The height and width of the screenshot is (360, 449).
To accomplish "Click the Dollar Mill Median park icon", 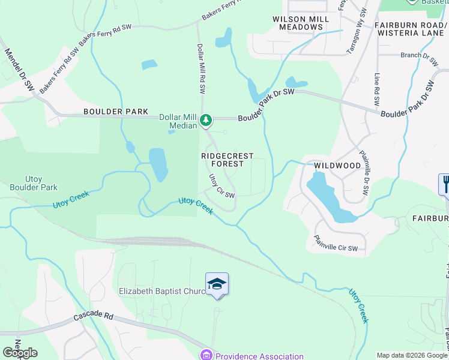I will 206,121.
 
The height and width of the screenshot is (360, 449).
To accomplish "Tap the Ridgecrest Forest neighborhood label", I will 227,160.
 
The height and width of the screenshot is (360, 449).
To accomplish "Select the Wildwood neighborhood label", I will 337,165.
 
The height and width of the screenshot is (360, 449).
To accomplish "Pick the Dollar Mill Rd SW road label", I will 202,68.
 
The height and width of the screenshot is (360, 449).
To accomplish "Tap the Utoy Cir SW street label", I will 221,186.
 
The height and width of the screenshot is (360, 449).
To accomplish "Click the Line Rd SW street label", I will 377,91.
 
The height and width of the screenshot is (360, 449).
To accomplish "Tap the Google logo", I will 20,353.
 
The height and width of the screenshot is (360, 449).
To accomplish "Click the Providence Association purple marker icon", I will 207,355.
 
